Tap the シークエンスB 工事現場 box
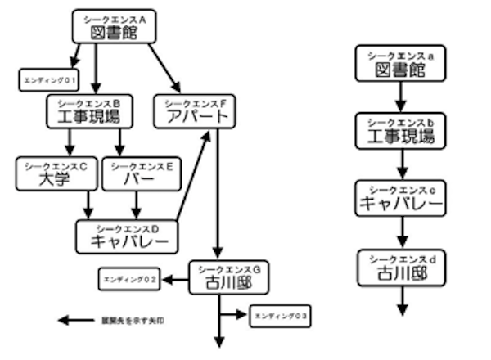pos(96,110)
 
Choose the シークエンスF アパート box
pos(195,110)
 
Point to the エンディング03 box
pos(281,315)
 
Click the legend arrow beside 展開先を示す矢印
pos(76,320)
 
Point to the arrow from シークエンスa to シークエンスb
pos(400,96)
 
